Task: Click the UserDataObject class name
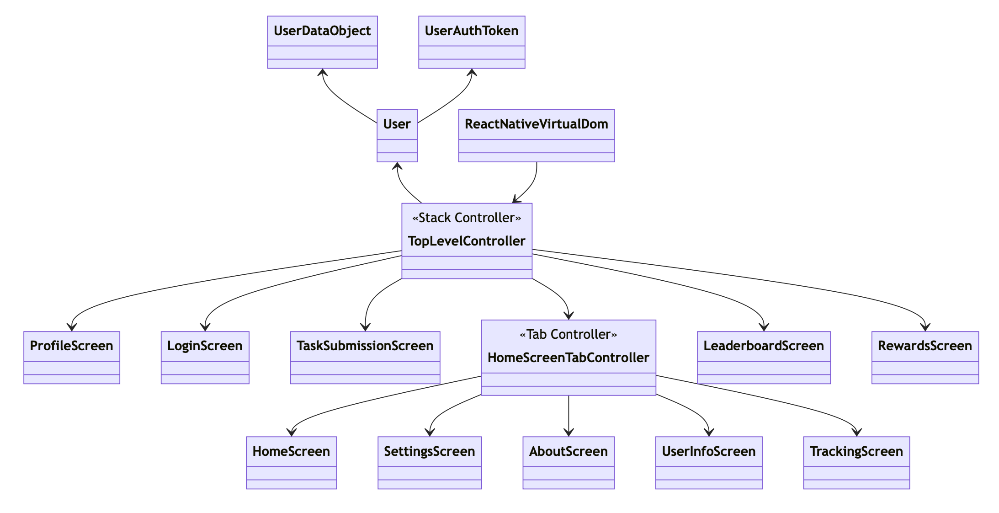[322, 31]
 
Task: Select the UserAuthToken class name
[472, 31]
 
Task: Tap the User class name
[397, 124]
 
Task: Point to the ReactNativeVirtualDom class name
[536, 124]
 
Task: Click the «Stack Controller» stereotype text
[466, 218]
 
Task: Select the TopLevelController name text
[466, 241]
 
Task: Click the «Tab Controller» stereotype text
[568, 334]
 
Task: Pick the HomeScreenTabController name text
[568, 358]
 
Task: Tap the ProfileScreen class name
[71, 346]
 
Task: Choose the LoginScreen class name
[205, 346]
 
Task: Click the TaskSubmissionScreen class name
[365, 346]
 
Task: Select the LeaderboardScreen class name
[763, 346]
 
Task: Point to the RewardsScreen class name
[925, 346]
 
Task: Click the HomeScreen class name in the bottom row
[291, 451]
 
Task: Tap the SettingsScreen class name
[429, 451]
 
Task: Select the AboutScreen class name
[568, 451]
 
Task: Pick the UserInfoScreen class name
[708, 451]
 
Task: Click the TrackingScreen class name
[856, 451]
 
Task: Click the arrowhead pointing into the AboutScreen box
[568, 433]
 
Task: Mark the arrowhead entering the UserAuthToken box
[472, 72]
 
